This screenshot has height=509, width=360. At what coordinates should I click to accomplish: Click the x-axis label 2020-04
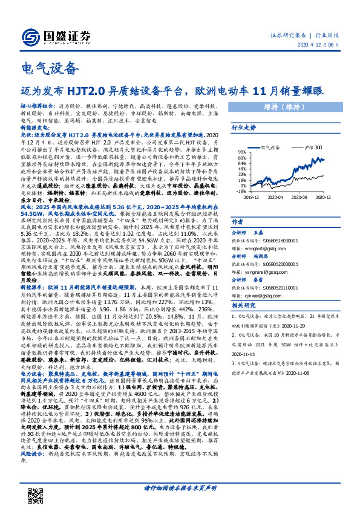[276, 197]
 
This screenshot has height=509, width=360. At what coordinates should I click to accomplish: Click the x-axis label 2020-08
[301, 197]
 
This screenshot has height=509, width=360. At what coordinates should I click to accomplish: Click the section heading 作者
[238, 222]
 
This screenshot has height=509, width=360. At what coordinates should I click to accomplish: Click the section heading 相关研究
[244, 306]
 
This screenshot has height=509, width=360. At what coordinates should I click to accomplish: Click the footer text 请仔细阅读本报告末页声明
[180, 486]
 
